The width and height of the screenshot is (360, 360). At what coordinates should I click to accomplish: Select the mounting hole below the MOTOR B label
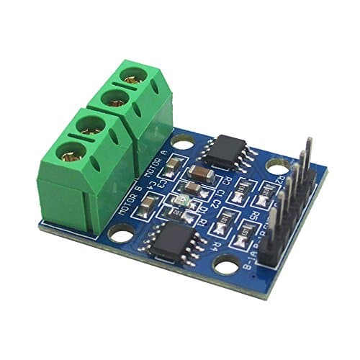tap(117, 233)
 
